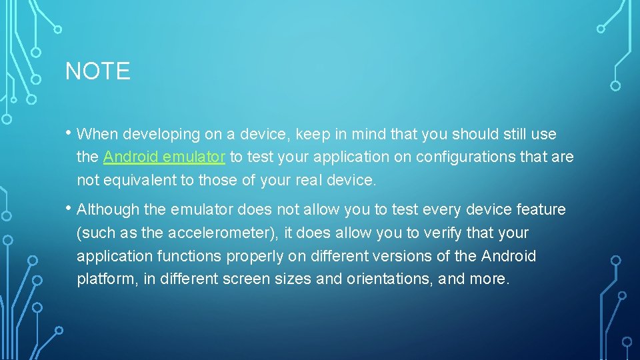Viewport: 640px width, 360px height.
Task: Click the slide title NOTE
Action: [x=97, y=71]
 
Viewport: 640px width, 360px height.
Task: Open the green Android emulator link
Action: [x=164, y=157]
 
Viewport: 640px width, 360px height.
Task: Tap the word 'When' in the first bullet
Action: [x=97, y=134]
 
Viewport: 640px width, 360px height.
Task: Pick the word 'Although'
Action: [x=108, y=209]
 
